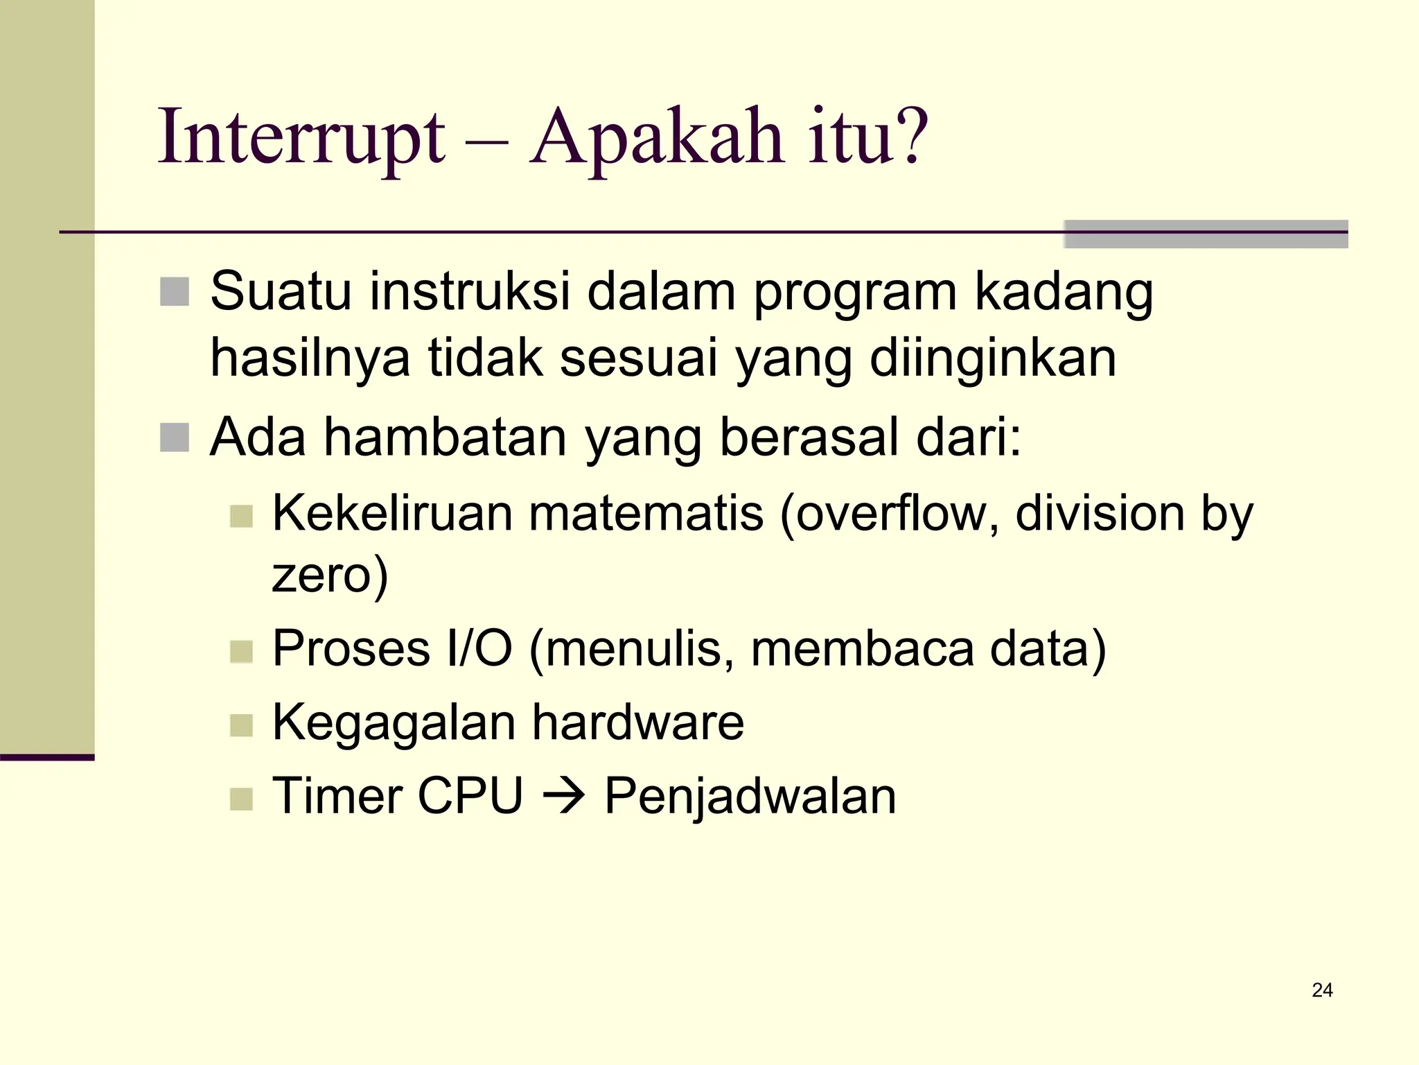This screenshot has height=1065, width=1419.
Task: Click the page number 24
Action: [1322, 990]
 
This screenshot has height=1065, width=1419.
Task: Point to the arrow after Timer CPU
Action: [564, 797]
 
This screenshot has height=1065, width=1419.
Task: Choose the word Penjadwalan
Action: [750, 797]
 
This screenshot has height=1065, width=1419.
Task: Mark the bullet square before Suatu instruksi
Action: [175, 291]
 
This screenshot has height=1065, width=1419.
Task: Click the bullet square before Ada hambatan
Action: [175, 438]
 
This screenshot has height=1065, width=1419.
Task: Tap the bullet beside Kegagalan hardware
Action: [241, 726]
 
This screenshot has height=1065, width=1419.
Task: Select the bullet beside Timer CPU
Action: [241, 799]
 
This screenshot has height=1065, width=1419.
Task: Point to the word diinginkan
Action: [992, 358]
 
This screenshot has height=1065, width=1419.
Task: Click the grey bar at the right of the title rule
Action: [1206, 234]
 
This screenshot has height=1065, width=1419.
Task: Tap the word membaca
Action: [861, 649]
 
